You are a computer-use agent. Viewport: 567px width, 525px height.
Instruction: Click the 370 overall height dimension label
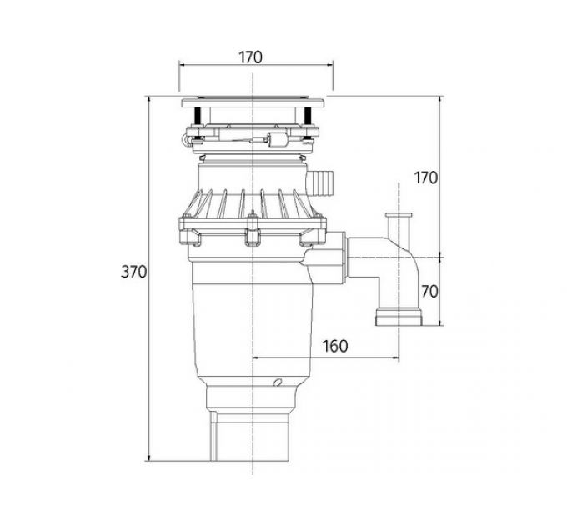pos(133,272)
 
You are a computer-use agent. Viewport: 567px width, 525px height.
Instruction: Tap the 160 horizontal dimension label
pos(335,346)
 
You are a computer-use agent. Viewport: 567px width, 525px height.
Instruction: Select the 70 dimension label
pos(429,291)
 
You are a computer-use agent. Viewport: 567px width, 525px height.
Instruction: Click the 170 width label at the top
pos(250,57)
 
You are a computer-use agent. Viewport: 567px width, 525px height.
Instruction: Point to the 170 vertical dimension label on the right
pos(425,177)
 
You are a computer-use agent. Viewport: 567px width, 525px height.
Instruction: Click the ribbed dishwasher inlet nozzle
pos(320,182)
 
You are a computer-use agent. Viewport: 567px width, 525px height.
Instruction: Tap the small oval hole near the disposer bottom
pos(278,382)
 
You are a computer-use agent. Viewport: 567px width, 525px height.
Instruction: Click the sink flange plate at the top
pos(253,103)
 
